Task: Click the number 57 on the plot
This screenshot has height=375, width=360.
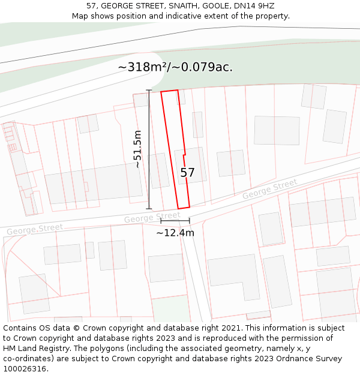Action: pyautogui.click(x=188, y=173)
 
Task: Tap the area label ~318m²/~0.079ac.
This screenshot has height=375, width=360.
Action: pyautogui.click(x=175, y=67)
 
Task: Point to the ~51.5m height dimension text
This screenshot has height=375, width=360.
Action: pyautogui.click(x=137, y=149)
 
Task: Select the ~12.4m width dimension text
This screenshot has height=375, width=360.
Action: pyautogui.click(x=175, y=233)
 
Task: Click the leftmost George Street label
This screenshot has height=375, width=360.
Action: pyautogui.click(x=35, y=229)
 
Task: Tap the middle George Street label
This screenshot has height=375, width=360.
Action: pyautogui.click(x=152, y=217)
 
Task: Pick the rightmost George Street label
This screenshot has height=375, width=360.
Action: pyautogui.click(x=269, y=190)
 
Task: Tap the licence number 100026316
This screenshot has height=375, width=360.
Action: pyautogui.click(x=25, y=369)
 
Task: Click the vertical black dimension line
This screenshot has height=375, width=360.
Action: pyautogui.click(x=149, y=150)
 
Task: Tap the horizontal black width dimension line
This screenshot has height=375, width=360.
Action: pyautogui.click(x=175, y=221)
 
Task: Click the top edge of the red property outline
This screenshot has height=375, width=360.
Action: pyautogui.click(x=169, y=91)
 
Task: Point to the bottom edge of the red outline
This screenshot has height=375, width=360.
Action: pyautogui.click(x=184, y=208)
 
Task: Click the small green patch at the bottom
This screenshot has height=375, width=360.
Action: pyautogui.click(x=170, y=308)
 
